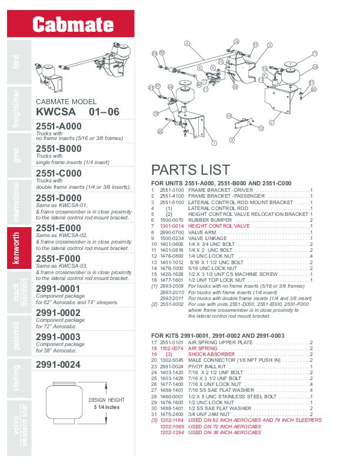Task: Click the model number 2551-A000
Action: [x=59, y=127]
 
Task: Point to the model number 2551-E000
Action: [x=59, y=227]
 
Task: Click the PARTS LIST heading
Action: [x=191, y=170]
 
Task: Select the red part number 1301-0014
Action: [x=172, y=226]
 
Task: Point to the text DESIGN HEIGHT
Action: [x=108, y=400]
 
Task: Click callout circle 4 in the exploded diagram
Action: [x=186, y=44]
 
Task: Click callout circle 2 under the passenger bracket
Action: [x=271, y=122]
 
